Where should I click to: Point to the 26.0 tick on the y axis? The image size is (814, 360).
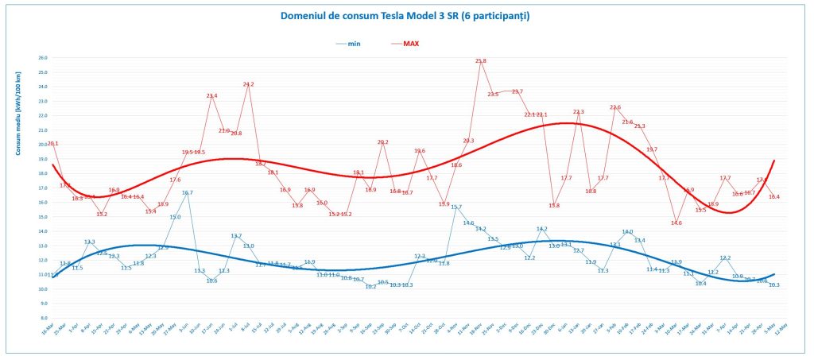[x=43, y=58]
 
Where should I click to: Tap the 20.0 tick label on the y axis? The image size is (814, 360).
[x=43, y=145]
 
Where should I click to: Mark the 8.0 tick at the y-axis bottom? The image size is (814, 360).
[x=43, y=318]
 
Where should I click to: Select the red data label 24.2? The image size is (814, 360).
[x=248, y=84]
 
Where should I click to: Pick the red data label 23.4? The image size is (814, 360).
[x=211, y=96]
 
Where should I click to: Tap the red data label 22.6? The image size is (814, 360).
[x=614, y=107]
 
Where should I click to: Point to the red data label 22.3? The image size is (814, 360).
[x=578, y=112]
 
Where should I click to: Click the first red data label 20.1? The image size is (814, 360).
[x=53, y=144]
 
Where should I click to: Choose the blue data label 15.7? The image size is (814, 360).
[x=456, y=207]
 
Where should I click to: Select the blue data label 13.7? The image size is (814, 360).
[x=236, y=236]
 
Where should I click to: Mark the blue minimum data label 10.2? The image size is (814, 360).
[x=370, y=287]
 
